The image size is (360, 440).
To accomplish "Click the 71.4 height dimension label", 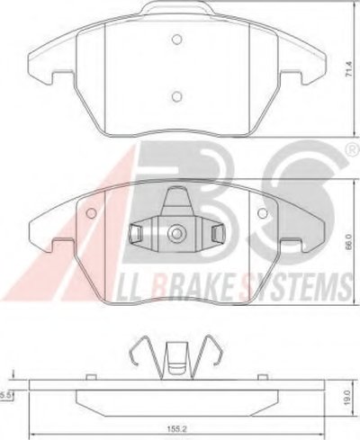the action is click(x=348, y=69).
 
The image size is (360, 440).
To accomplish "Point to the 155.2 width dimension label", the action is click(x=176, y=429).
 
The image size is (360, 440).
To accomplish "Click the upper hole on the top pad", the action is click(x=177, y=39).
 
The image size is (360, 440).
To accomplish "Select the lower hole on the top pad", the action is click(x=177, y=95).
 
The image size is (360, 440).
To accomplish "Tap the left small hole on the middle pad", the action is click(x=91, y=213).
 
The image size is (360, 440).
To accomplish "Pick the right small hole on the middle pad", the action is click(x=263, y=213).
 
